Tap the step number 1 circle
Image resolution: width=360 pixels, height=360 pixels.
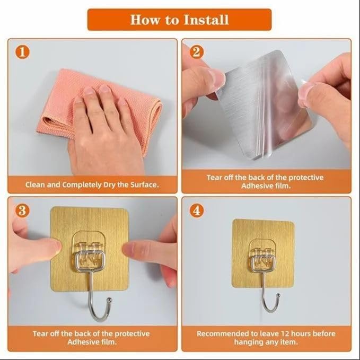[22, 52]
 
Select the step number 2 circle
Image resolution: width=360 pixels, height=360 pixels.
[197, 52]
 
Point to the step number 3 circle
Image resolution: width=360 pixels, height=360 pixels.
[22, 210]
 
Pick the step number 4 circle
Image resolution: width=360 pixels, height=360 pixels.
[197, 210]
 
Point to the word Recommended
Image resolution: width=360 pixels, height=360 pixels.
[219, 333]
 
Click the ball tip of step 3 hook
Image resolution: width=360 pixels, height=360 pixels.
[110, 300]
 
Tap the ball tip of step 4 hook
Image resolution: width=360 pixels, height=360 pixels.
[278, 295]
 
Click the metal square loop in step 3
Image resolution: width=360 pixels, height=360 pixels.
[90, 261]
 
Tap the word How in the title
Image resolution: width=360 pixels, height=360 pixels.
[145, 20]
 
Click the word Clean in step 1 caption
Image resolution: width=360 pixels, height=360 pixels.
[35, 185]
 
